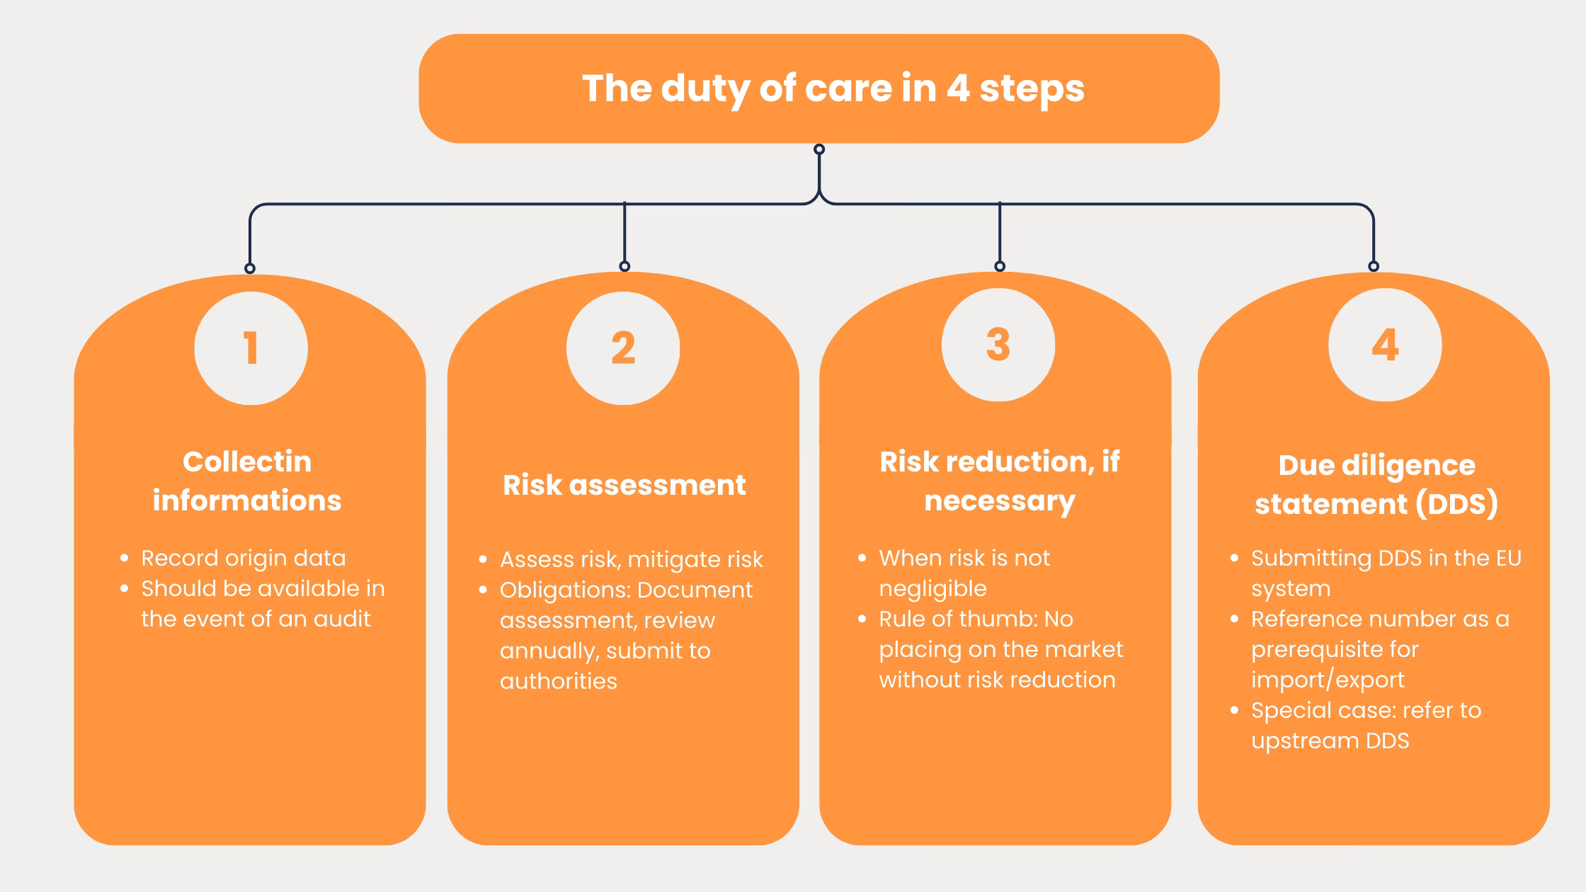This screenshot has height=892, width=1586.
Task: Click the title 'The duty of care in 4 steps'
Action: (833, 88)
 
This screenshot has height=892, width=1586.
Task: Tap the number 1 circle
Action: (251, 348)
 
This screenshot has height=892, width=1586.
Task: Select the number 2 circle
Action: (623, 348)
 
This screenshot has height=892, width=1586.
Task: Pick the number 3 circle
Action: (998, 345)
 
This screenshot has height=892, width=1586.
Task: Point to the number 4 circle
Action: (1385, 345)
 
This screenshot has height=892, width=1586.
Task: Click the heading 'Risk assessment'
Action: (624, 485)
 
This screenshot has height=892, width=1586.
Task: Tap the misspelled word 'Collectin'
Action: (247, 462)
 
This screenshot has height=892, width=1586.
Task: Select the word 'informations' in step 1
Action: (247, 501)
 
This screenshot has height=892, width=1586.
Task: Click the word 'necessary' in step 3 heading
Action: (999, 501)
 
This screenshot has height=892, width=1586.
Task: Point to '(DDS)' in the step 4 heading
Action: (1456, 504)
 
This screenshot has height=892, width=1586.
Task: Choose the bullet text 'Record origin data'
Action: (243, 558)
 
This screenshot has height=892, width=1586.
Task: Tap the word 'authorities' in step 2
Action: (558, 681)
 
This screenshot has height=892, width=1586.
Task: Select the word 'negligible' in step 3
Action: (932, 588)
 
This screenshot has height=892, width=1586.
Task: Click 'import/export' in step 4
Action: (1328, 680)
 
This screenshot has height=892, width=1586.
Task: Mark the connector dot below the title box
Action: (819, 149)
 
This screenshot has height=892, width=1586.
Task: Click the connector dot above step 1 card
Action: (250, 268)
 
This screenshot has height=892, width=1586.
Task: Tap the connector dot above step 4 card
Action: (1374, 266)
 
